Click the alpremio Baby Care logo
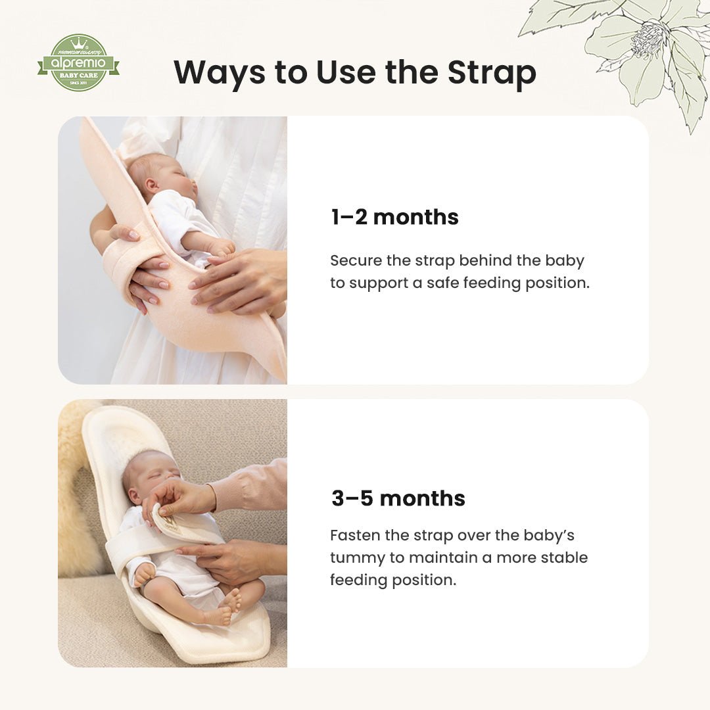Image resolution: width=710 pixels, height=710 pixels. coord(78,63)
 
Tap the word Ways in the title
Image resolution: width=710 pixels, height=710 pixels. coord(219,73)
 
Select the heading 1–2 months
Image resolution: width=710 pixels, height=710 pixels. coord(394,217)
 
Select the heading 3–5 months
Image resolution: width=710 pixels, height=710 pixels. coord(398,498)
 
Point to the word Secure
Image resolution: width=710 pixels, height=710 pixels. coord(355,260)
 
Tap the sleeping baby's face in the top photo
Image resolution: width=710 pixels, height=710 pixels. coord(174,177)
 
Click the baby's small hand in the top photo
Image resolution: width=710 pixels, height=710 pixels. coord(221,247)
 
